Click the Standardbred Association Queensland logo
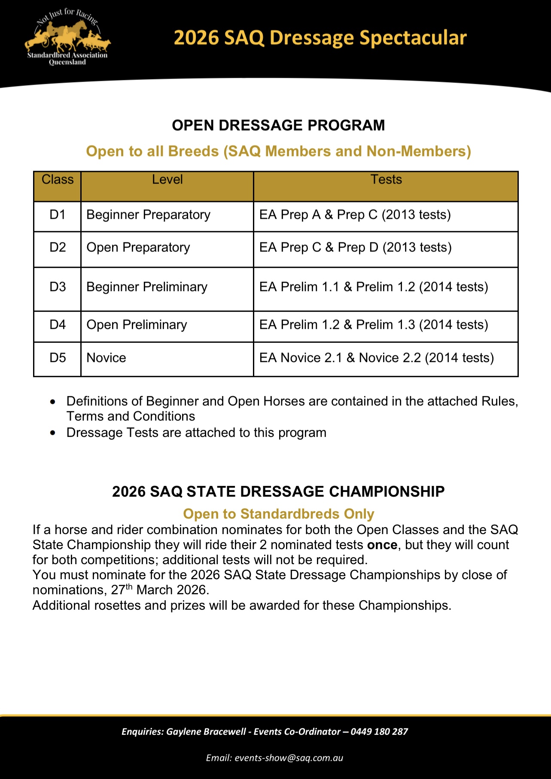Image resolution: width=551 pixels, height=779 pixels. point(67,39)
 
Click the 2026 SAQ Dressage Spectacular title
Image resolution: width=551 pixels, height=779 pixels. point(320,38)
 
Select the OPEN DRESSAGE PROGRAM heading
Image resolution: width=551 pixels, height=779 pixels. point(278,125)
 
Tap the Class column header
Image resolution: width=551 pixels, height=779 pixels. point(58,180)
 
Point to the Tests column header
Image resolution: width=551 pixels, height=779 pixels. point(386,180)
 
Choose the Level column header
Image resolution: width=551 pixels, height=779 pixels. point(167,180)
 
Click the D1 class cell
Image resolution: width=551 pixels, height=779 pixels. point(58,214)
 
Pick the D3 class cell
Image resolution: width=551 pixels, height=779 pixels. point(58,287)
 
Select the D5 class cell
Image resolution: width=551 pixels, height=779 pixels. point(58,357)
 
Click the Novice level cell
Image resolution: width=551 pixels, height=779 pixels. point(107,357)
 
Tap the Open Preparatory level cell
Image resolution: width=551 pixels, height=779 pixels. point(138,247)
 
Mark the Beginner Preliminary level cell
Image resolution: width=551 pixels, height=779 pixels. point(147,287)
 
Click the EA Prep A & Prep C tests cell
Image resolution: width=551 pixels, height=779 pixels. point(355,214)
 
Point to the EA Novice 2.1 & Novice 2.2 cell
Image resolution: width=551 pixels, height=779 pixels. point(377,357)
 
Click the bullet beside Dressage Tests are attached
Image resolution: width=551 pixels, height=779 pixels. point(53,433)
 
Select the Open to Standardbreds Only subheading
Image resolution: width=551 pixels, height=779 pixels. point(278,514)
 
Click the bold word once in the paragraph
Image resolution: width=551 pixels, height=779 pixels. point(382,545)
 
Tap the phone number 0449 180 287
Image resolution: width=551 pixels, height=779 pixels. point(379,732)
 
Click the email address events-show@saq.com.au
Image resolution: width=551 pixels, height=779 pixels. point(289,758)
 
